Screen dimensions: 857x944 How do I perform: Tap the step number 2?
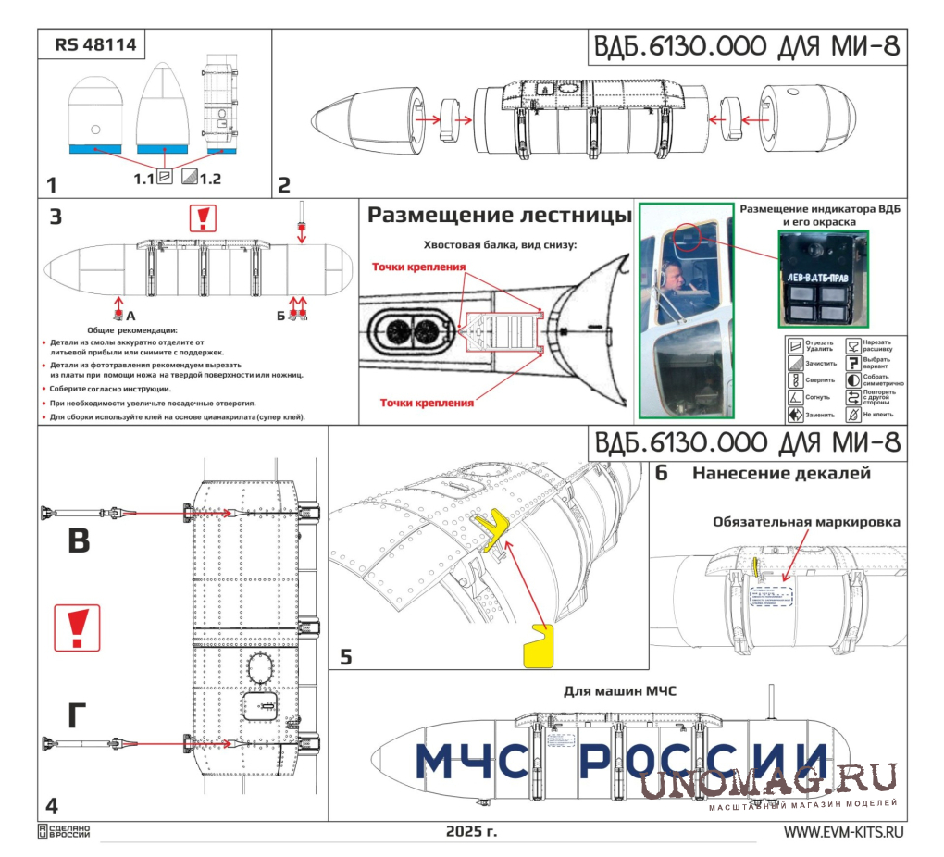(284, 184)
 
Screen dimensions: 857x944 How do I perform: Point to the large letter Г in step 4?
(79, 717)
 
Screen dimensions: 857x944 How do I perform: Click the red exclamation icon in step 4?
(77, 627)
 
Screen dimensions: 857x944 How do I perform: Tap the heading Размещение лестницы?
(499, 216)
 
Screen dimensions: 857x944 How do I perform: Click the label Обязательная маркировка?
(806, 522)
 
